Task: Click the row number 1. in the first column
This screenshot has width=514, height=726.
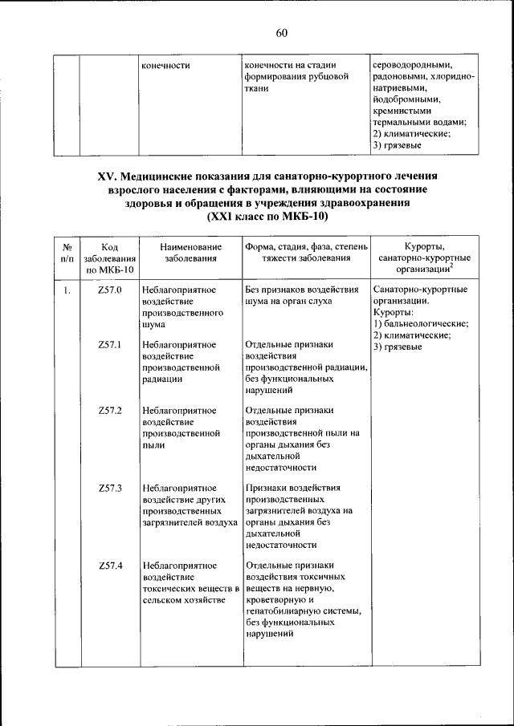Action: click(x=67, y=290)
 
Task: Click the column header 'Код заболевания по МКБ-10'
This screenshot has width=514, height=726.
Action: click(x=109, y=259)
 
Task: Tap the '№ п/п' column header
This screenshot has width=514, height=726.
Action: click(x=67, y=253)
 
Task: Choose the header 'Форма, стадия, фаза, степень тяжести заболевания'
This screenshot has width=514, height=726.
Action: click(x=306, y=253)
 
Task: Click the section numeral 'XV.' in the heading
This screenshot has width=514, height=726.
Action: click(x=108, y=175)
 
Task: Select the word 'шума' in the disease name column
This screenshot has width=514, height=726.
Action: click(x=154, y=326)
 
